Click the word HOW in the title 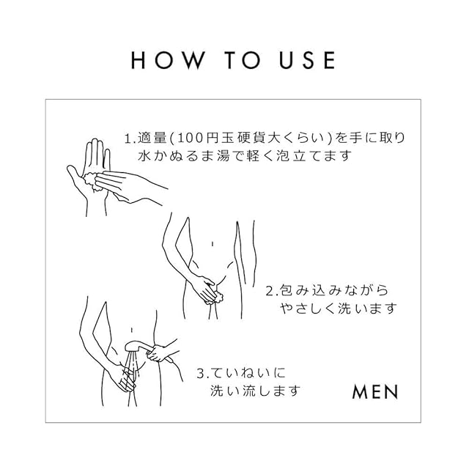click(x=168, y=60)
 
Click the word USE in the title click(x=307, y=60)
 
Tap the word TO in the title click(x=242, y=60)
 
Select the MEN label click(x=375, y=392)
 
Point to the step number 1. click(x=129, y=139)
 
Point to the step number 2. click(x=270, y=291)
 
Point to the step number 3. click(x=201, y=374)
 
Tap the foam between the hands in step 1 click(x=91, y=181)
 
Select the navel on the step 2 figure click(x=213, y=244)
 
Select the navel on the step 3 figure click(x=131, y=330)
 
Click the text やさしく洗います click(x=339, y=309)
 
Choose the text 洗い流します click(x=255, y=391)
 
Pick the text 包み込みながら click(x=334, y=291)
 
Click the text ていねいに click(x=246, y=374)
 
